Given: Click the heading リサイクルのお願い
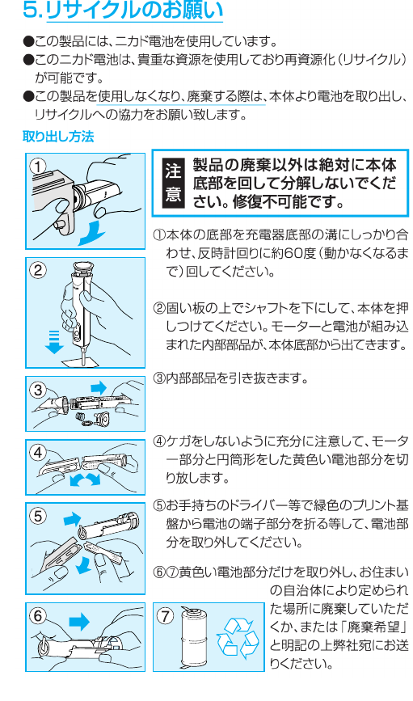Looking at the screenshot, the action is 134,11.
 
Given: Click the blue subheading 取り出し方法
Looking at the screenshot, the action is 58,137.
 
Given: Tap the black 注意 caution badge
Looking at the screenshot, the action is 173,183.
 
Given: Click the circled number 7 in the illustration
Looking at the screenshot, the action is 166,616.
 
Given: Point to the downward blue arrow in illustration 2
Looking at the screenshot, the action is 54,342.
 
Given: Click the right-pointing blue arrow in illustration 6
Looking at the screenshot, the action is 80,622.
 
